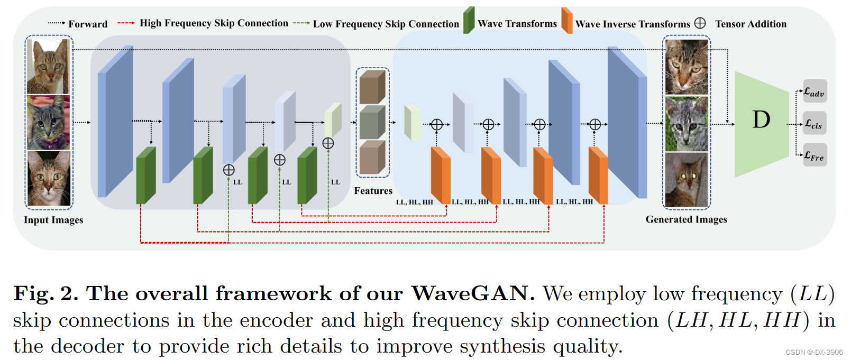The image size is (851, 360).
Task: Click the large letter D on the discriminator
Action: pyautogui.click(x=761, y=120)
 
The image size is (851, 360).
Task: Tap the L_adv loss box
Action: pyautogui.click(x=814, y=92)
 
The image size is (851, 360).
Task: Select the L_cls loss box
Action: pyautogui.click(x=814, y=124)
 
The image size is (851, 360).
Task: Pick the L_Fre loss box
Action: pyautogui.click(x=814, y=155)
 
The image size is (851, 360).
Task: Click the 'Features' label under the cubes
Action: pyautogui.click(x=373, y=191)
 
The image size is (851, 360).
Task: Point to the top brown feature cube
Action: pyautogui.click(x=372, y=87)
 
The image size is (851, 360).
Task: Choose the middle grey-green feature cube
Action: pyautogui.click(x=372, y=122)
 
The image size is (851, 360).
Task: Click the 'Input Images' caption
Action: pyautogui.click(x=53, y=220)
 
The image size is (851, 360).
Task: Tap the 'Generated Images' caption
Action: pyautogui.click(x=686, y=219)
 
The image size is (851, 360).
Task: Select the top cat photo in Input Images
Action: pyautogui.click(x=49, y=66)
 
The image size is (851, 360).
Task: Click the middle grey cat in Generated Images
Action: pyautogui.click(x=686, y=124)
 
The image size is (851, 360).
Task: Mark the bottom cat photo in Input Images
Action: pyautogui.click(x=49, y=179)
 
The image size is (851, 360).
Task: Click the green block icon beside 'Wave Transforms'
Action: pyautogui.click(x=469, y=21)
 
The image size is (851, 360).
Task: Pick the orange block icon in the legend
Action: pyautogui.click(x=566, y=21)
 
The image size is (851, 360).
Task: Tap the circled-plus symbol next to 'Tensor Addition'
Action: pyautogui.click(x=700, y=23)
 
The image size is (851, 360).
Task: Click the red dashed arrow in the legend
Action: pyautogui.click(x=126, y=23)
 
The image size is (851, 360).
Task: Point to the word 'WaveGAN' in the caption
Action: pyautogui.click(x=470, y=293)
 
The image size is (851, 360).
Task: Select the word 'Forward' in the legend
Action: pyautogui.click(x=88, y=24)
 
